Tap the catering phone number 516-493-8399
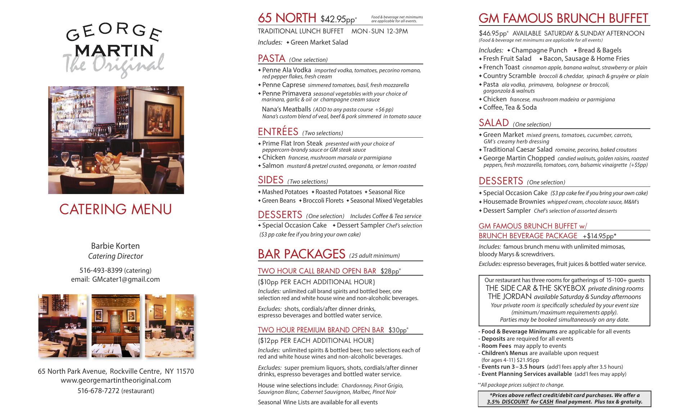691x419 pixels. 101,270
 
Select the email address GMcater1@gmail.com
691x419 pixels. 126,279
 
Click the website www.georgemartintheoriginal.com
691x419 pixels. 116,380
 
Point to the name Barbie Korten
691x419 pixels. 115,246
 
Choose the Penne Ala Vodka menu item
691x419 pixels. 286,70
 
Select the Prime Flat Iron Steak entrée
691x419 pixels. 292,143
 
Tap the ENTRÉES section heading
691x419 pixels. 278,132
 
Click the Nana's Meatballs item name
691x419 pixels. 286,109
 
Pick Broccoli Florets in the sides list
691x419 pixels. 323,201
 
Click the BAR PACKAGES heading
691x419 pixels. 302,254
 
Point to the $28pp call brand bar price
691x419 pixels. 390,271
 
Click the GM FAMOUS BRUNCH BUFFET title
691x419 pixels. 563,18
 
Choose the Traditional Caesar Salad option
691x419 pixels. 518,149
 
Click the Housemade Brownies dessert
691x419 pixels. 514,202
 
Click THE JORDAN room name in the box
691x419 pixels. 510,296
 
